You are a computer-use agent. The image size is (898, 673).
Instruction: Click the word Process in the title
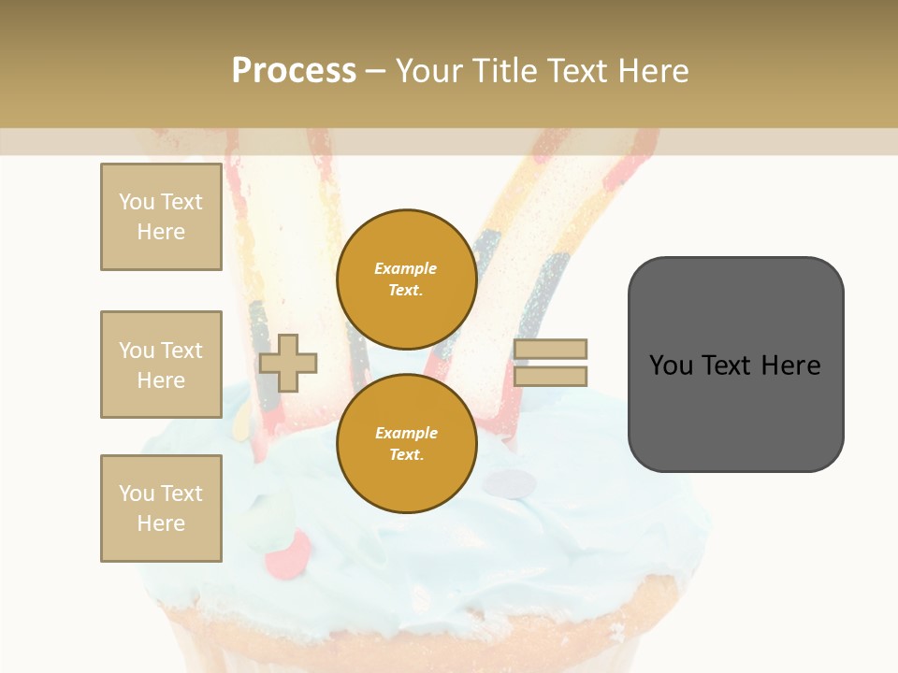[x=294, y=71]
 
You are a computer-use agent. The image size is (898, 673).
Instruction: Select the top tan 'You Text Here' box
[x=161, y=217]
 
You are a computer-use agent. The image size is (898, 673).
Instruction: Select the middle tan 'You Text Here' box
[x=161, y=365]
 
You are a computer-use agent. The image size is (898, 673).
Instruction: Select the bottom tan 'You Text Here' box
[x=161, y=508]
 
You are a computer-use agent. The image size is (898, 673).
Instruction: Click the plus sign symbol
[x=288, y=363]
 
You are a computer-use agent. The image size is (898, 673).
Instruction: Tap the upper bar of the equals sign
[x=551, y=349]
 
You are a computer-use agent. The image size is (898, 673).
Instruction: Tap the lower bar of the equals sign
[x=551, y=377]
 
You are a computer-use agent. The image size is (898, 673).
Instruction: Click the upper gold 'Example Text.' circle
[x=406, y=279]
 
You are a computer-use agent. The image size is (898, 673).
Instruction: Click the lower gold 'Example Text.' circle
[x=406, y=443]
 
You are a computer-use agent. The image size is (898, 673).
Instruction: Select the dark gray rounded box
[x=735, y=365]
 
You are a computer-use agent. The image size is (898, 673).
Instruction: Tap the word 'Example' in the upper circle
[x=406, y=268]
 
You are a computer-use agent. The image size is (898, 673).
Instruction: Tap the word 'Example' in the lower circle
[x=406, y=433]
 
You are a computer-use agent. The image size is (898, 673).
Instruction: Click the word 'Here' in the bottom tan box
[x=161, y=523]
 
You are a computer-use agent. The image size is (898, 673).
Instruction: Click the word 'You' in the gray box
[x=672, y=365]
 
